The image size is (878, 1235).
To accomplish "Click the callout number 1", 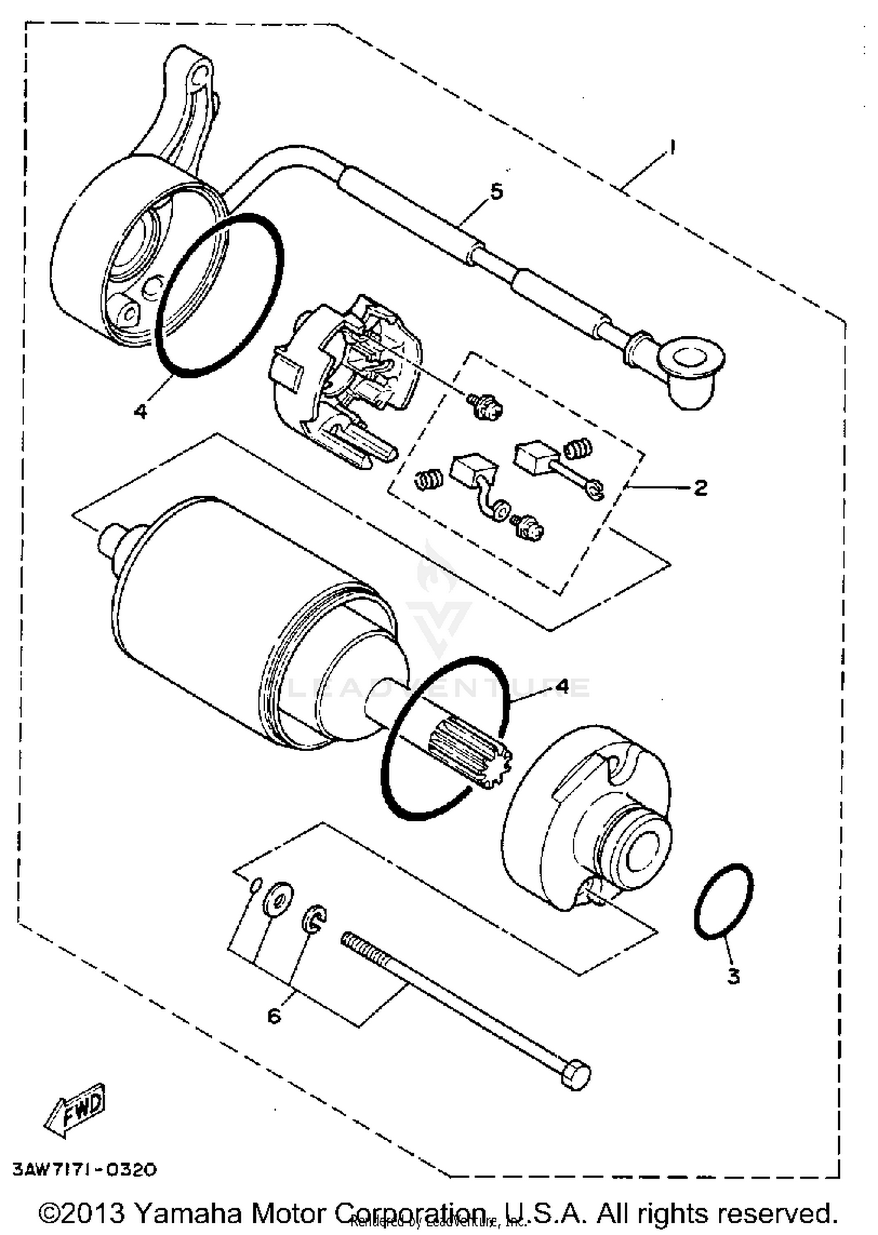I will point(672,147).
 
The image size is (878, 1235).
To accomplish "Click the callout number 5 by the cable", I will point(496,191).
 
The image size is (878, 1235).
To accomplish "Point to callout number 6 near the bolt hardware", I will point(274,1016).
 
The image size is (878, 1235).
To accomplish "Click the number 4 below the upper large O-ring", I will point(140,411).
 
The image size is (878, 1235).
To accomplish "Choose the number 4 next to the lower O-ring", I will point(562,686).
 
